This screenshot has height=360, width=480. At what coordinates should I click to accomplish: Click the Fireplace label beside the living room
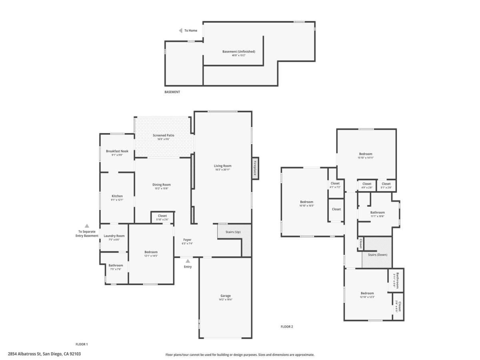pos(254,168)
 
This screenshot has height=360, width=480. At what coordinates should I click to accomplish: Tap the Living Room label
pos(223,166)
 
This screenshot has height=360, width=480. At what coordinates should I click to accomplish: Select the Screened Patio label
pos(163,135)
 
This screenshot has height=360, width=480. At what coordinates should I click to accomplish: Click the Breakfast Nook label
pos(117,151)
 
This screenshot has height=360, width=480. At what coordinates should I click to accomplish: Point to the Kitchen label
pos(117,196)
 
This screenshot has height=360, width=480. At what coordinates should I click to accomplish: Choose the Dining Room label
pos(161,184)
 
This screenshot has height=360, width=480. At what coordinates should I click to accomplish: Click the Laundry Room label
pos(114,236)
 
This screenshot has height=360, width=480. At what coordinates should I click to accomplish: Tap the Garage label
pos(225,296)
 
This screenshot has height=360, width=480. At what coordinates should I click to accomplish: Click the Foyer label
pos(188,240)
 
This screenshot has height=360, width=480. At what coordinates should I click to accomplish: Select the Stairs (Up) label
pos(233,232)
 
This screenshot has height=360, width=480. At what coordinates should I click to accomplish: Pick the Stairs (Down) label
pos(377,254)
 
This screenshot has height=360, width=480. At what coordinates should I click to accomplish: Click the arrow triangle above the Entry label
pos(188,261)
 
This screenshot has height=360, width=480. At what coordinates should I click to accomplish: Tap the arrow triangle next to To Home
pos(181,30)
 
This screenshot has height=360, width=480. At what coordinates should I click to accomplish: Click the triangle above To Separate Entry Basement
pos(87,226)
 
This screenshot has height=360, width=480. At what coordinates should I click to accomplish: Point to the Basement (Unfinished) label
pos(238,51)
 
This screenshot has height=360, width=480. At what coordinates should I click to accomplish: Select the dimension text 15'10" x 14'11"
pos(365,158)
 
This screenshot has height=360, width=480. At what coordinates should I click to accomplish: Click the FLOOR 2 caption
pos(287,326)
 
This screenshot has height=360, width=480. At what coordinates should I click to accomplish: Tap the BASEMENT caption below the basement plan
pos(172,92)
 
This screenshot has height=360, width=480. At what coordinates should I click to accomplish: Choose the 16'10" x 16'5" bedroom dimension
pos(306,206)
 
